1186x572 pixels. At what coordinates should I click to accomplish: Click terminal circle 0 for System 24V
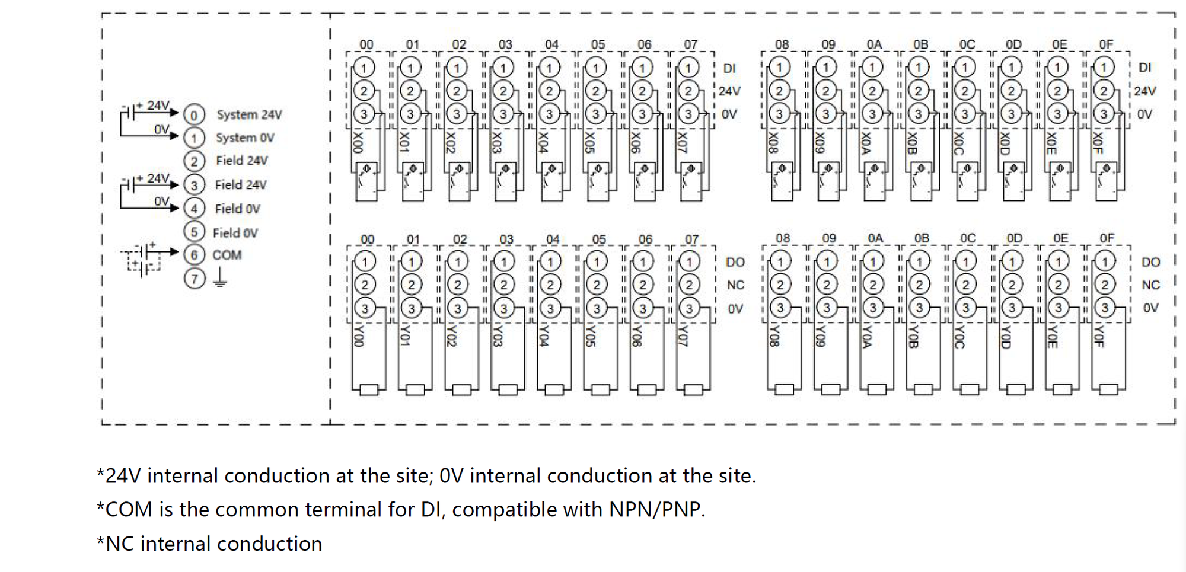point(194,114)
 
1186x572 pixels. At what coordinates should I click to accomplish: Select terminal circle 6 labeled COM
point(194,255)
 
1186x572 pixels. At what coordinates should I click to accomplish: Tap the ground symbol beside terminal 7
point(220,277)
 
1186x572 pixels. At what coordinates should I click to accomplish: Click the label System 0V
point(245,138)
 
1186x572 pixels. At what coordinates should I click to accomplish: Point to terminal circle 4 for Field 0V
point(194,208)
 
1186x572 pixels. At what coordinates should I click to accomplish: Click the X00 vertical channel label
point(358,142)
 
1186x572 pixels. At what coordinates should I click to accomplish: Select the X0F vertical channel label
point(1098,142)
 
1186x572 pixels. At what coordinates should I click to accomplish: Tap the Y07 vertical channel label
point(683,336)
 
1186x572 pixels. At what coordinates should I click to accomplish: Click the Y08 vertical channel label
point(773,336)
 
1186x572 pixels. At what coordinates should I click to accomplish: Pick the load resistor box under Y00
point(369,390)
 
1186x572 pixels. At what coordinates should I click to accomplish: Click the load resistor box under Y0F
point(1108,389)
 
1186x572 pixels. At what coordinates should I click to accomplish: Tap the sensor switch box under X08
point(782,181)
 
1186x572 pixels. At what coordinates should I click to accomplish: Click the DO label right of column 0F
point(1150,262)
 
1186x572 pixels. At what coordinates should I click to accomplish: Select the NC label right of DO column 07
point(735,285)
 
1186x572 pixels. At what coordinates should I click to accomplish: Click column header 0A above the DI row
point(874,44)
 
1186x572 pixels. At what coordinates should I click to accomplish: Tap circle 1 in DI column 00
point(364,67)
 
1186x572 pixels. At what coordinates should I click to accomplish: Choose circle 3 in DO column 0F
point(1105,308)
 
